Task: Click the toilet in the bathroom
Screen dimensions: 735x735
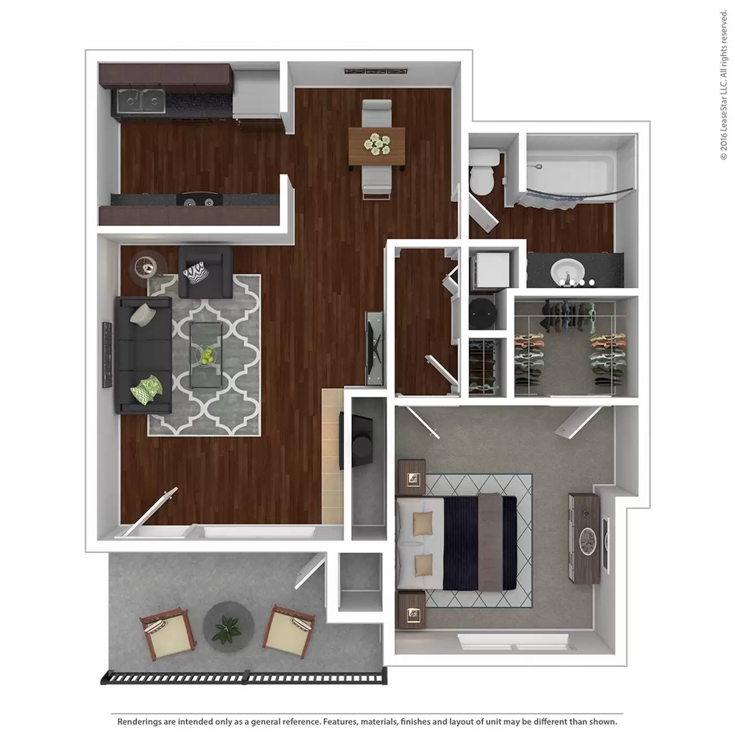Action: [x=483, y=172]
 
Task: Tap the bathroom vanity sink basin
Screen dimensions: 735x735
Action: [x=568, y=271]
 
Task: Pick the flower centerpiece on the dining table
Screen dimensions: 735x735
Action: [x=377, y=144]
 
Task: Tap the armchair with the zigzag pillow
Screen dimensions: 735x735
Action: [x=206, y=272]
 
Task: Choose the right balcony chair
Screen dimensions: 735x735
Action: [x=289, y=632]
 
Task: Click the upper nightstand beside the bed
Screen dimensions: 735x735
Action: [x=412, y=477]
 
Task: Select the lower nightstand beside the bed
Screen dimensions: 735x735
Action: [x=412, y=609]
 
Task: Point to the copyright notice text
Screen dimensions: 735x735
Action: [x=723, y=85]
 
